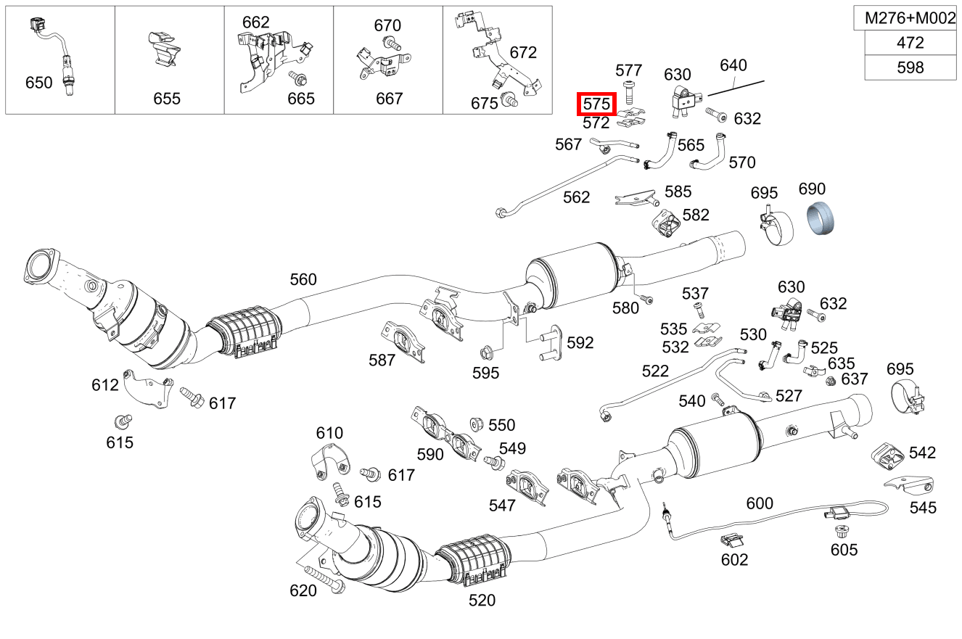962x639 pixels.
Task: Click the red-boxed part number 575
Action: pyautogui.click(x=596, y=104)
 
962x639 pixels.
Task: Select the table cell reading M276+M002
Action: pyautogui.click(x=910, y=19)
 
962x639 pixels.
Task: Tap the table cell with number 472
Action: pyautogui.click(x=910, y=43)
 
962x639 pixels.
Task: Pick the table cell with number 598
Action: pyautogui.click(x=910, y=67)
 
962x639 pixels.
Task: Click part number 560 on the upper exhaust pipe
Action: pyautogui.click(x=303, y=279)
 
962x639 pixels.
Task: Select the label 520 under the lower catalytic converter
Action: pyautogui.click(x=482, y=600)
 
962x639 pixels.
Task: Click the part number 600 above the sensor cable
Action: pyautogui.click(x=759, y=503)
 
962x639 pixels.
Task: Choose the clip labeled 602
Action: pyautogui.click(x=733, y=540)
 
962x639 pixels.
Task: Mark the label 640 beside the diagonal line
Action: pyautogui.click(x=733, y=65)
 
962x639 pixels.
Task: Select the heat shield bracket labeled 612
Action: pyautogui.click(x=145, y=389)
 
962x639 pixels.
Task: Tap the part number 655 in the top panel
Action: pyautogui.click(x=166, y=99)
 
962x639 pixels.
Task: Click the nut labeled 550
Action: pyautogui.click(x=477, y=422)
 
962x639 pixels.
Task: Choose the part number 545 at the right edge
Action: pyautogui.click(x=923, y=508)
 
